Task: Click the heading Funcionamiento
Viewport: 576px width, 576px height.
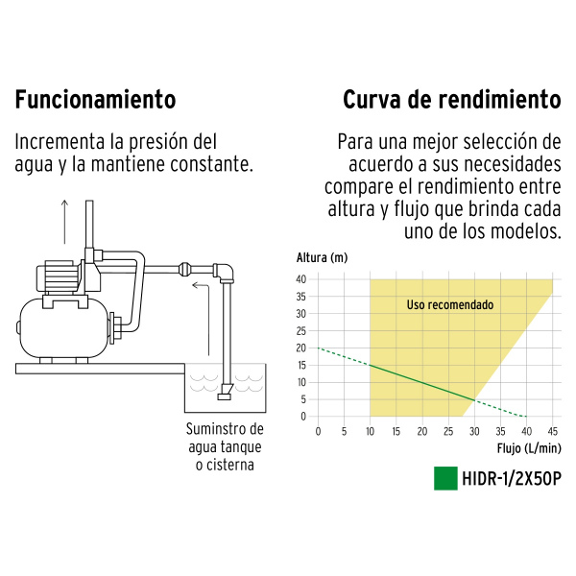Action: (x=95, y=100)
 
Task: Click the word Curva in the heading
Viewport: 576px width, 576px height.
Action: (x=371, y=100)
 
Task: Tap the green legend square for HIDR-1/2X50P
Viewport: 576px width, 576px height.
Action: (x=445, y=478)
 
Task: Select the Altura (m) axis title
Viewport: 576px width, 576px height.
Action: (x=322, y=258)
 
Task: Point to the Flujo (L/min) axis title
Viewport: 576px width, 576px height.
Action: (x=529, y=448)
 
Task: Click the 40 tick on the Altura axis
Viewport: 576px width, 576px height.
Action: (x=301, y=279)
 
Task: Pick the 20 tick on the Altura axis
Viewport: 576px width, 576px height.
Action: (x=301, y=348)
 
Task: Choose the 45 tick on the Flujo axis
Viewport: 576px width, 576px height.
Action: (x=553, y=431)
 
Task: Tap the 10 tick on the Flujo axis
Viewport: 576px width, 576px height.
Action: (x=370, y=431)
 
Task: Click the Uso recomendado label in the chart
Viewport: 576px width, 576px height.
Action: (x=450, y=305)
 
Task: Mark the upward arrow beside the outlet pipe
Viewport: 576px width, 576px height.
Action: (x=64, y=222)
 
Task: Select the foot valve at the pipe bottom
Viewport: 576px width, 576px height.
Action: (x=225, y=392)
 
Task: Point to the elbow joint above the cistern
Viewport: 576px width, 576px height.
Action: (x=224, y=273)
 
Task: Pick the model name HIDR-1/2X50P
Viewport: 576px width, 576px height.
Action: (x=512, y=479)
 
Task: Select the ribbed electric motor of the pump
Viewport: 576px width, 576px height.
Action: (x=58, y=276)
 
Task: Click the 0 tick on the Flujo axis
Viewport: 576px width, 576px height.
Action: (x=318, y=431)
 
